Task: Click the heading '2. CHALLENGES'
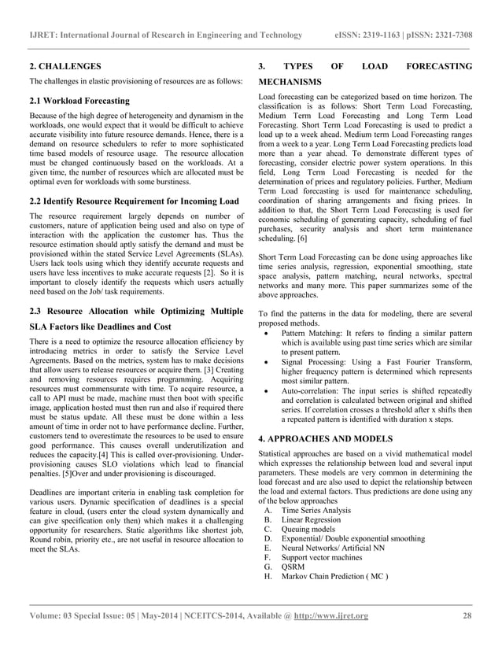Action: point(65,66)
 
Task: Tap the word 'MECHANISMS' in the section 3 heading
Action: point(290,82)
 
